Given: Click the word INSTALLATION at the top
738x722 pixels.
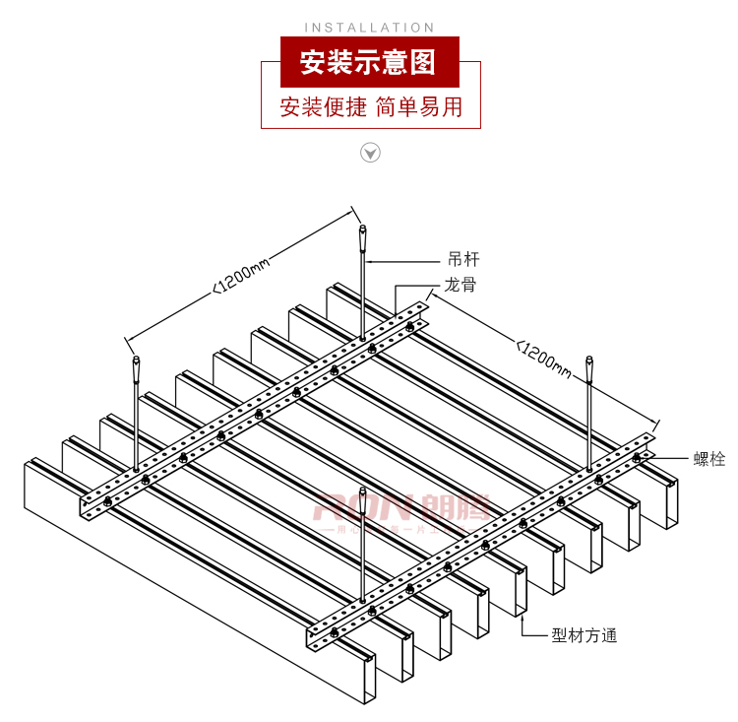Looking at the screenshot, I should [x=369, y=28].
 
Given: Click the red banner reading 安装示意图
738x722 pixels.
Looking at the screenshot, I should [x=370, y=62].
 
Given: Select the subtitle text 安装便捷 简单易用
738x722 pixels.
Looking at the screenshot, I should [x=370, y=107].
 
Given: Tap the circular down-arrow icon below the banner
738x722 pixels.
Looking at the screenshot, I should [x=370, y=152].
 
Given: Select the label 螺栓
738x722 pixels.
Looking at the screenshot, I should [x=708, y=458].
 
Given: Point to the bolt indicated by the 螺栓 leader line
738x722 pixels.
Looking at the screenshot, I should [x=637, y=459].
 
